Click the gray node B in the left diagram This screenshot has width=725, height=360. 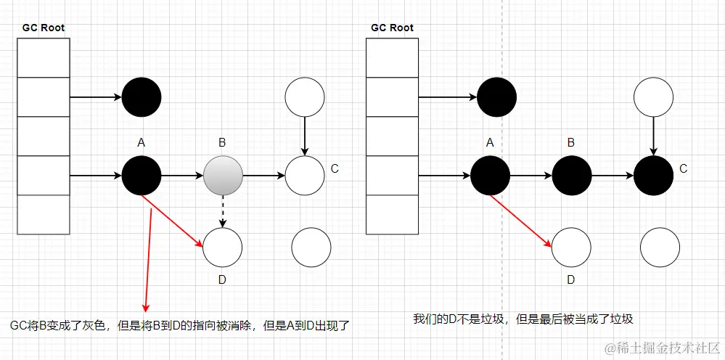coord(223,175)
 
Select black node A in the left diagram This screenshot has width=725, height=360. coord(142,175)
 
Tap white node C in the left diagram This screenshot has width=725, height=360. coord(305,175)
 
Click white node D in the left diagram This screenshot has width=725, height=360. coord(222,247)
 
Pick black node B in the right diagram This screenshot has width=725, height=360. coord(572,175)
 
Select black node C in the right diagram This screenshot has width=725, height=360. coord(653,175)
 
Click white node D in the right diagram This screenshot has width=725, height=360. coord(571,247)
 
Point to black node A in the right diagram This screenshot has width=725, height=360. coord(491,175)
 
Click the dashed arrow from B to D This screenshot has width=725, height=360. coord(223,210)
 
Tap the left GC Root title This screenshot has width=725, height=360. coord(43,28)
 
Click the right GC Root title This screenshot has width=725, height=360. coord(392,28)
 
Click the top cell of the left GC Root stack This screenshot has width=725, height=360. coord(43,57)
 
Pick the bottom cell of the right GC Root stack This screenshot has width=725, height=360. coord(392,215)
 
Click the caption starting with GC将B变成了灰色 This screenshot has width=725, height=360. coord(180,325)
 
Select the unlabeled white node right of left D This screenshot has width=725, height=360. coord(311,247)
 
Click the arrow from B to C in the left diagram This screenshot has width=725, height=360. coord(263,175)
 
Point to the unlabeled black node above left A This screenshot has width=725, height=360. coord(142,97)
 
